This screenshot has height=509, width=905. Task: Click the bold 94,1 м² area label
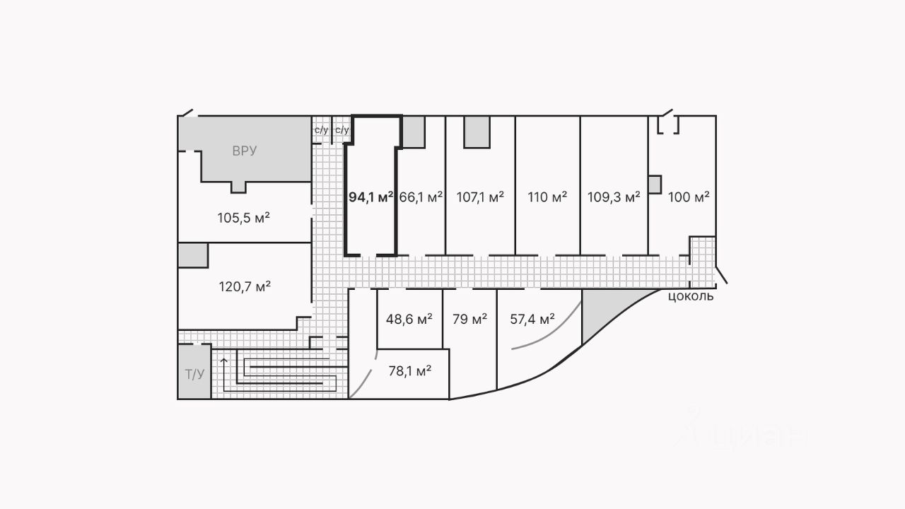pyautogui.click(x=370, y=197)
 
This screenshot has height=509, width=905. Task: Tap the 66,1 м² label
pyautogui.click(x=421, y=197)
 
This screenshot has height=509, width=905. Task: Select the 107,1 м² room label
pyautogui.click(x=481, y=197)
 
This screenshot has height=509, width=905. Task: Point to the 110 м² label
pyautogui.click(x=547, y=197)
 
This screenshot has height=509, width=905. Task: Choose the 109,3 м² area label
pyautogui.click(x=614, y=197)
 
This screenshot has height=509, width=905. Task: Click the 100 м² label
pyautogui.click(x=689, y=197)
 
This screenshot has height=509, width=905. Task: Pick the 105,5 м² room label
pyautogui.click(x=244, y=217)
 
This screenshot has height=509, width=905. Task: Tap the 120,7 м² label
pyautogui.click(x=244, y=286)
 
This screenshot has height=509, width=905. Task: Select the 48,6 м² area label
pyautogui.click(x=409, y=319)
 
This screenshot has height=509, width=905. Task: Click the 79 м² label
pyautogui.click(x=469, y=319)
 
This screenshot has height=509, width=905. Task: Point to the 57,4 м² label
pyautogui.click(x=532, y=319)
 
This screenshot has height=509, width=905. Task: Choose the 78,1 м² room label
pyautogui.click(x=410, y=370)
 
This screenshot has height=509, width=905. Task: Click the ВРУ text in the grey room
pyautogui.click(x=245, y=151)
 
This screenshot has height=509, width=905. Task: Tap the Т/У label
pyautogui.click(x=194, y=374)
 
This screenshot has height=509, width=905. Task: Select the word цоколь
pyautogui.click(x=691, y=296)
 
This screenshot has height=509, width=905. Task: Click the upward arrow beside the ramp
pyautogui.click(x=224, y=365)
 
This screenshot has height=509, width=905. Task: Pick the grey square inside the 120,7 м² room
pyautogui.click(x=192, y=255)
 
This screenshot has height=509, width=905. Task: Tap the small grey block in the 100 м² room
pyautogui.click(x=654, y=185)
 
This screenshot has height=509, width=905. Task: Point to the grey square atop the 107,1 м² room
pyautogui.click(x=477, y=131)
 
